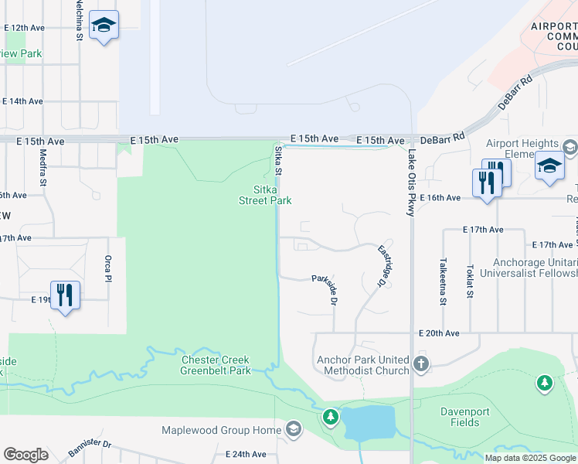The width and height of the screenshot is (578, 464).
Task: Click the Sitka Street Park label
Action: pyautogui.click(x=265, y=195)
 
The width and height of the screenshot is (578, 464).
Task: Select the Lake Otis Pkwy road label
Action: pyautogui.click(x=410, y=186)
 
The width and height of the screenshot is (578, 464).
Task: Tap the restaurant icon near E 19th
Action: pyautogui.click(x=65, y=295)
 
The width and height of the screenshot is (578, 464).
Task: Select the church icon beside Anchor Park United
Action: pyautogui.click(x=420, y=363)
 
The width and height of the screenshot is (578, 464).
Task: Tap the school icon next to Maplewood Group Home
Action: pyautogui.click(x=293, y=429)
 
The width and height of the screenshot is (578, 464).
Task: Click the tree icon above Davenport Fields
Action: pyautogui.click(x=545, y=383)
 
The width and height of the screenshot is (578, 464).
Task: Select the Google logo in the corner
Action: pyautogui.click(x=25, y=455)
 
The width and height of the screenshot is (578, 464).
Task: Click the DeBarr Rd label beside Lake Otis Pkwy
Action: pyautogui.click(x=447, y=141)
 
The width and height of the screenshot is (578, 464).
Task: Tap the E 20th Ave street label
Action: pyautogui.click(x=438, y=333)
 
